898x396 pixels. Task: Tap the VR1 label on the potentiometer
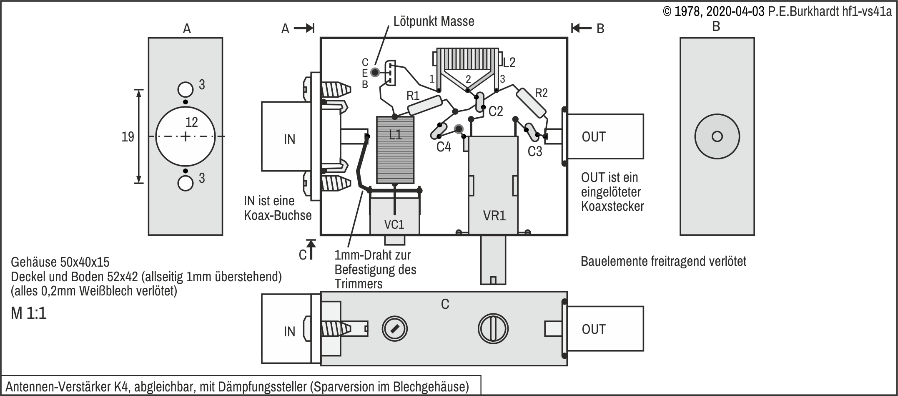[494, 215]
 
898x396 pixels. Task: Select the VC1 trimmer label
[394, 224]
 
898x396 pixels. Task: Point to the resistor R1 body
[424, 105]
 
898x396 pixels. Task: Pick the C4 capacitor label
[444, 147]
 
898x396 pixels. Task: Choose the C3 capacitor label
[535, 151]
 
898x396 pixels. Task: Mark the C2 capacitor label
[496, 111]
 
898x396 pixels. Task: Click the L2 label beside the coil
[509, 63]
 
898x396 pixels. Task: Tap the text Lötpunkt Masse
[434, 21]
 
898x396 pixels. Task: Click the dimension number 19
[128, 137]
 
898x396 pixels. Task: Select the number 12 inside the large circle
[191, 122]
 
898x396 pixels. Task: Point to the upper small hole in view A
[186, 89]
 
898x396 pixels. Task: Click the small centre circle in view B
[717, 136]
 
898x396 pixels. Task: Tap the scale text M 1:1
[29, 313]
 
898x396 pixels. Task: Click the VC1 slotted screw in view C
[394, 328]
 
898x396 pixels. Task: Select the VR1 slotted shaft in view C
[493, 328]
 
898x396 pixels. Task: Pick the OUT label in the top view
[594, 137]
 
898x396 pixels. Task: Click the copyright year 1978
[687, 12]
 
